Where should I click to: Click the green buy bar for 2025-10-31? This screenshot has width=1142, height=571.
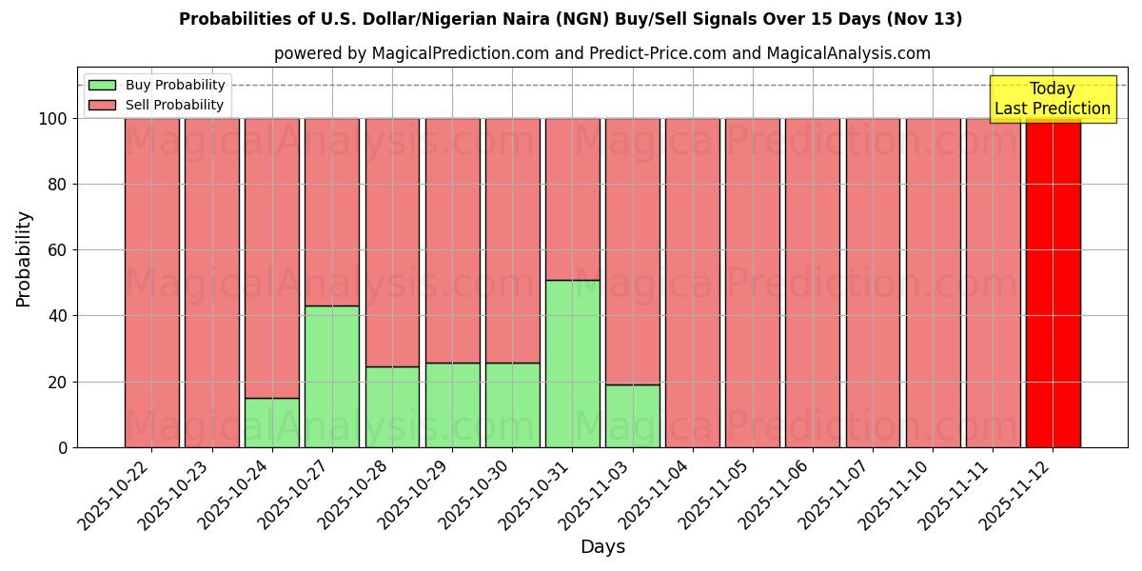pos(573,364)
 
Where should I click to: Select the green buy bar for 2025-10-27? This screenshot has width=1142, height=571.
pos(332,376)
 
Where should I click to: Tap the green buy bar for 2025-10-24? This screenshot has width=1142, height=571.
pos(272,423)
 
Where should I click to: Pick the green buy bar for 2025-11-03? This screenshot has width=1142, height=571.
pos(633,416)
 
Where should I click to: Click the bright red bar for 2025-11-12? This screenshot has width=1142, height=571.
pos(1053,283)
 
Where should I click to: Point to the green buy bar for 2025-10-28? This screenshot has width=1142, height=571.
pos(392,406)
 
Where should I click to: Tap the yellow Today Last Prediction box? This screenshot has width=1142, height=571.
pos(1053,99)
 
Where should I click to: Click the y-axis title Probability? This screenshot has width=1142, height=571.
pos(24,259)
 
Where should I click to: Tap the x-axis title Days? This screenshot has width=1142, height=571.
pos(602,547)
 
